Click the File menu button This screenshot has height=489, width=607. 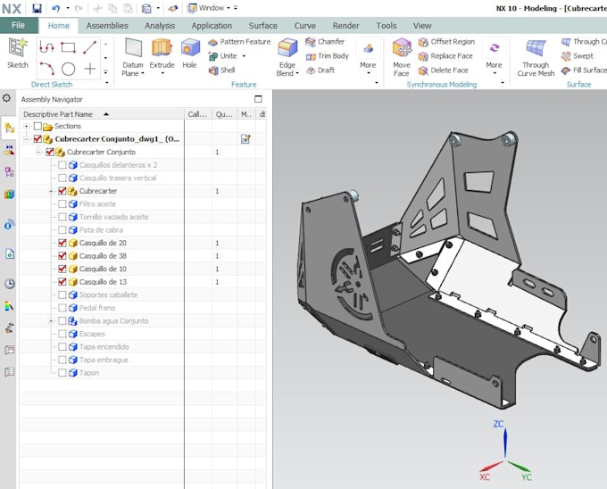click(18, 26)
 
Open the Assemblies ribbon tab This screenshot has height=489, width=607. click(106, 26)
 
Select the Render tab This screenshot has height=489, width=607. click(345, 26)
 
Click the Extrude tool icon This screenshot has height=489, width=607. click(162, 48)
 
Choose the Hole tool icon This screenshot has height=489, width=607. click(189, 48)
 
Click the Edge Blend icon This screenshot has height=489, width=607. click(287, 48)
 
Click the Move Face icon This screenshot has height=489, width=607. click(402, 48)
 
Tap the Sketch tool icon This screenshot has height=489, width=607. click(17, 48)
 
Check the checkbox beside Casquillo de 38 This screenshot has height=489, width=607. click(62, 256)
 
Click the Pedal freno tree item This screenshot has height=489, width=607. click(97, 308)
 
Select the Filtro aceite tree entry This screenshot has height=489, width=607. click(97, 204)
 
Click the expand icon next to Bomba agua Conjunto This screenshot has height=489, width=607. click(52, 320)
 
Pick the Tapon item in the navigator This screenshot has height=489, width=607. click(89, 373)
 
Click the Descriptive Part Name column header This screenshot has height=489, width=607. click(59, 114)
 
